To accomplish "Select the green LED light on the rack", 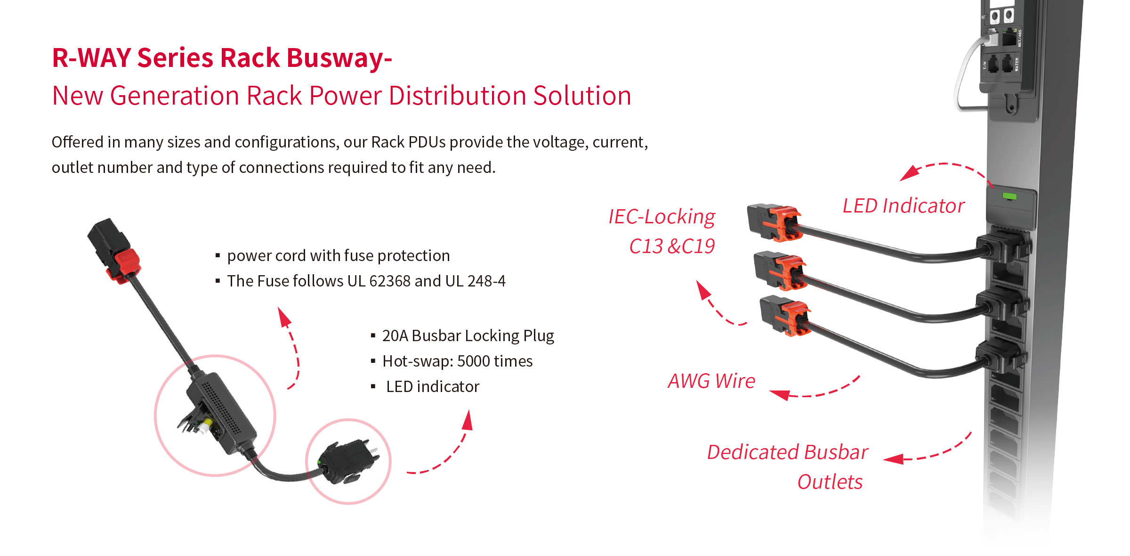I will coord(1009,196).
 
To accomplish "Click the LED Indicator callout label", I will coord(903,206).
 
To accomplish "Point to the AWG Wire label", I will coord(711,381).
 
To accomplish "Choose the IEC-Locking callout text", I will coord(662,217).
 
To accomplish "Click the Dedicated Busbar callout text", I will coord(787,452).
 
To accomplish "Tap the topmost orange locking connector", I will coord(784,223).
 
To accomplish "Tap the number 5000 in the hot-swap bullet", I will coord(474,361).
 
